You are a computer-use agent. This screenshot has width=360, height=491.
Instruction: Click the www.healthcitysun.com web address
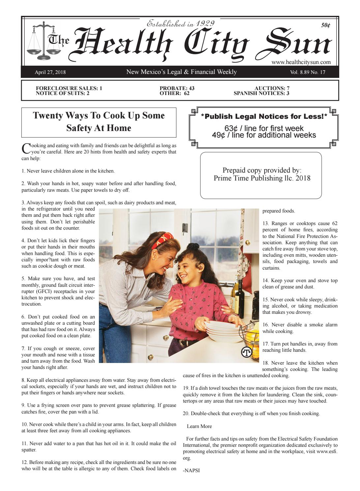[x=301, y=62]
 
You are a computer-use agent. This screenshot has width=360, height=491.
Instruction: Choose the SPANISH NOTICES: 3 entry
[x=261, y=93]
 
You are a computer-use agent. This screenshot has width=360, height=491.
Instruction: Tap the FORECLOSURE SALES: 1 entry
[x=69, y=88]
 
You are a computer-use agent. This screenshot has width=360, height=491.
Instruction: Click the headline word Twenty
[x=47, y=115]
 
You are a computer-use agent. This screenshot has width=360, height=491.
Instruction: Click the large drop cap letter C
[x=26, y=148]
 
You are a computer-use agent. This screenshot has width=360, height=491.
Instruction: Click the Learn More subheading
[x=199, y=426]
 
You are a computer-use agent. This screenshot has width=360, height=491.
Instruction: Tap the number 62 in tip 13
[x=334, y=223]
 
